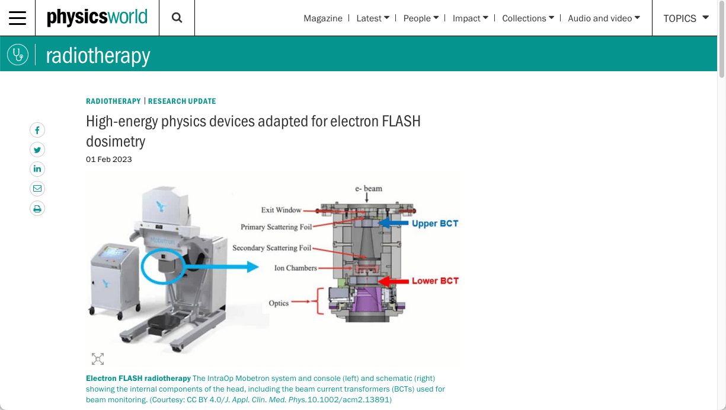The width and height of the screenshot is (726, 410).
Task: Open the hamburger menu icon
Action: [18, 18]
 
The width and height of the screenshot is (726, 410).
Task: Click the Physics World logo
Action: [97, 17]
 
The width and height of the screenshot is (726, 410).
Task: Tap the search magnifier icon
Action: [177, 18]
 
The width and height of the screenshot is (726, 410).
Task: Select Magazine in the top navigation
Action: [323, 18]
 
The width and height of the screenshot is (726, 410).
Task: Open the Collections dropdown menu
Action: [528, 18]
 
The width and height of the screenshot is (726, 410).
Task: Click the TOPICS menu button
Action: [686, 18]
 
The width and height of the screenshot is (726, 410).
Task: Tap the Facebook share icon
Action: [37, 130]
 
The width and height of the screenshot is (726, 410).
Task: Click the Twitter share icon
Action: [37, 150]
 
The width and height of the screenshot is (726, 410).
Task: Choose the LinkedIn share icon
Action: [37, 169]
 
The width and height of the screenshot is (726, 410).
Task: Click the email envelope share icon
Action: [37, 189]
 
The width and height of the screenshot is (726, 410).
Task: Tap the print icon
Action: [37, 209]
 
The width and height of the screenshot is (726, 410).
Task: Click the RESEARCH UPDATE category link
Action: [182, 101]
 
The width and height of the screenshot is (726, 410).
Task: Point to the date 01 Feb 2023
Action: [109, 159]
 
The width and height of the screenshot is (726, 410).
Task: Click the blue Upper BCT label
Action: [435, 224]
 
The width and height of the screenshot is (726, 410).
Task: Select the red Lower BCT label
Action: [435, 281]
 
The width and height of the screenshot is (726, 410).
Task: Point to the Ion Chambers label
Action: [296, 268]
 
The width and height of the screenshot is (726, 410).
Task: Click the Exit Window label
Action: [282, 210]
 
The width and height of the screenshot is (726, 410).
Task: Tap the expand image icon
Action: [98, 359]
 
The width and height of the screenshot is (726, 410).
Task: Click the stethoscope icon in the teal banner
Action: [18, 54]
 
